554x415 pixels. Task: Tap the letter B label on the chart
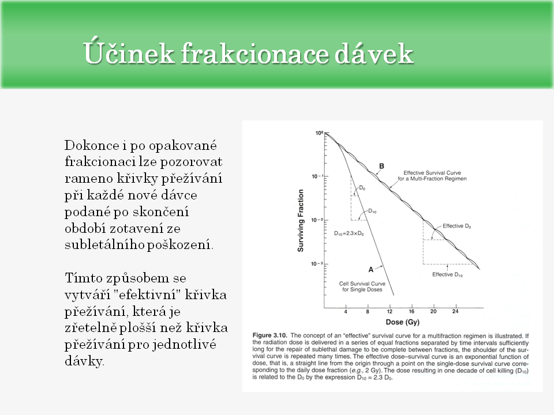(381, 167)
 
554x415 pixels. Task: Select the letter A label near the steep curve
(370, 269)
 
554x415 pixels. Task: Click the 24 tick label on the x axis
(455, 311)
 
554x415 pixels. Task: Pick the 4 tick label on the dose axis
(346, 311)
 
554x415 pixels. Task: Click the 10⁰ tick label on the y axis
(318, 133)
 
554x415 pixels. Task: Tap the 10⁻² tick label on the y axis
(317, 220)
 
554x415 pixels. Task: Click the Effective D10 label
(448, 274)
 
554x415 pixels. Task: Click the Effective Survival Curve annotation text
(435, 176)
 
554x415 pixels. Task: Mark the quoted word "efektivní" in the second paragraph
(162, 295)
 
